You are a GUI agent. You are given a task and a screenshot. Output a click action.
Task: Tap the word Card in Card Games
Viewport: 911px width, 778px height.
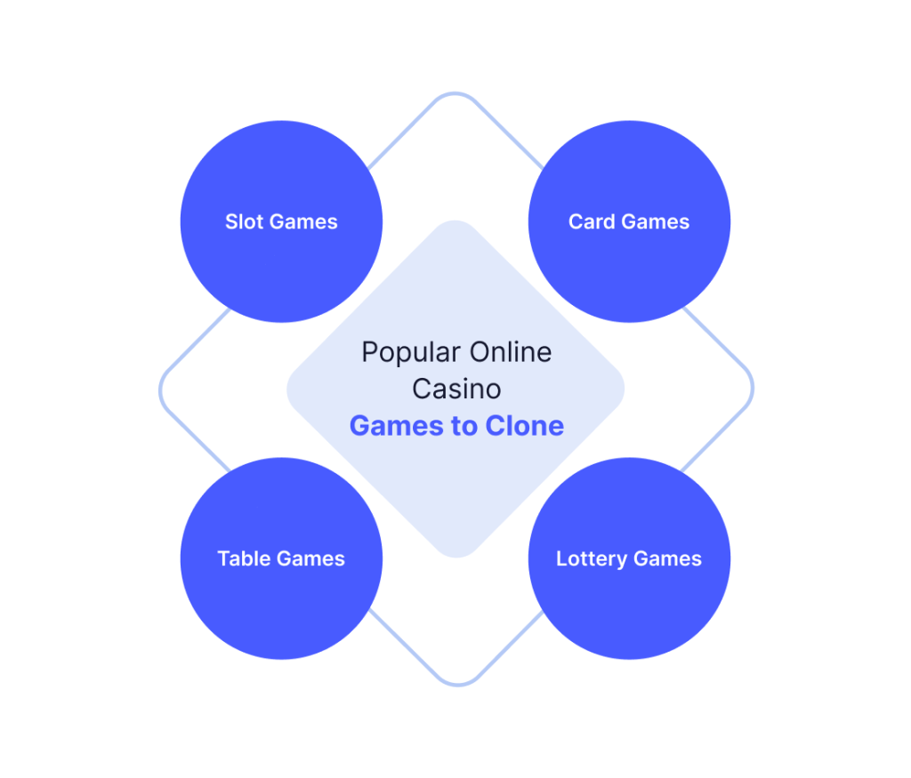click(592, 221)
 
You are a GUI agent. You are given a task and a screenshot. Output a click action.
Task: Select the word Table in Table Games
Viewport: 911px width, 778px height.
click(244, 558)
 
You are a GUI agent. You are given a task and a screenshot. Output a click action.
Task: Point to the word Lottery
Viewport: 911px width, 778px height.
click(592, 559)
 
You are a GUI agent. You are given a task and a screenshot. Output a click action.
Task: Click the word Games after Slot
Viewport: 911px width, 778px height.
click(303, 221)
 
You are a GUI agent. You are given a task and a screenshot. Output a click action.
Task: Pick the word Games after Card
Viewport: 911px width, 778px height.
click(656, 221)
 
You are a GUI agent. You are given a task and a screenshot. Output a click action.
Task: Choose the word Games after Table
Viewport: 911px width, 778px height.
click(310, 558)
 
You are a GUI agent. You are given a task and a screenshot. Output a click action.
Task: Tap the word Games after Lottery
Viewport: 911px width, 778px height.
click(667, 558)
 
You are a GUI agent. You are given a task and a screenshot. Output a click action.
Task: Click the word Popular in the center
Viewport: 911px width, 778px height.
click(411, 353)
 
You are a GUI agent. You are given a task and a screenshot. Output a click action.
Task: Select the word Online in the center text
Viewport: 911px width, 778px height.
click(511, 352)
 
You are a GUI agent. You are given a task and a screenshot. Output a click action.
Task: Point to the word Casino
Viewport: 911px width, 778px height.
click(456, 389)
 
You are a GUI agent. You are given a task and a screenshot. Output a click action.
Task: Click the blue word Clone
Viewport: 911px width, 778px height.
click(525, 426)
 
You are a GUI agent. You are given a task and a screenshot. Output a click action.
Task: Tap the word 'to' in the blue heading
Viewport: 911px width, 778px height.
click(464, 426)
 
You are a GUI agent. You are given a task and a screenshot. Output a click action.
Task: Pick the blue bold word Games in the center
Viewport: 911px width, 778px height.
click(398, 426)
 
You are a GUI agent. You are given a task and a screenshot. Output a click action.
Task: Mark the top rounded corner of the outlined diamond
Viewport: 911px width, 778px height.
click(455, 92)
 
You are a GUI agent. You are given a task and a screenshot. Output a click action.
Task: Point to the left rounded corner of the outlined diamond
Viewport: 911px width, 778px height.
click(160, 390)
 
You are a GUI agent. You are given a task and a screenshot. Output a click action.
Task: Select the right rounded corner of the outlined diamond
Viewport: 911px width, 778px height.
click(753, 388)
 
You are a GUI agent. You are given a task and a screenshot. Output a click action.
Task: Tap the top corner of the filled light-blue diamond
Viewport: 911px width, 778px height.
click(455, 221)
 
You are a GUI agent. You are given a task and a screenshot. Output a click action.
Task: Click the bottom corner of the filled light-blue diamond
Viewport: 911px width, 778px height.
click(456, 557)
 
